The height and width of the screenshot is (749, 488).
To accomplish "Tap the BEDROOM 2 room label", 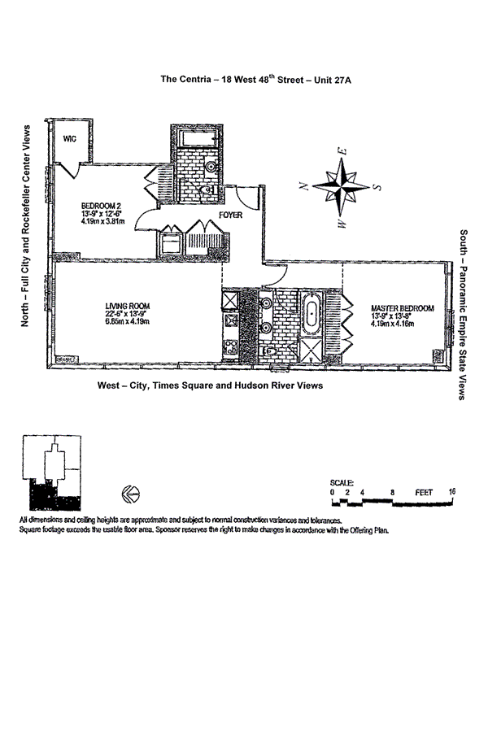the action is coord(100,205).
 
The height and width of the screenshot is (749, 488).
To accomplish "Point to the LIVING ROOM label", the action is coord(128,307).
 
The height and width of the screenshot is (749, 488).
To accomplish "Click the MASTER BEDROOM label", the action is coord(402,308).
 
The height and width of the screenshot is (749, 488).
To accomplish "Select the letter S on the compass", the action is coord(377,185).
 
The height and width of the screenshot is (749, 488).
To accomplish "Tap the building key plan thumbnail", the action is coord(53,471).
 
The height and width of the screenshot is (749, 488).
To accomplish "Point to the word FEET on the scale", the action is coord(423,492).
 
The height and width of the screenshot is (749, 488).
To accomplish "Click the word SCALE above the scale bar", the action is coord(342,482).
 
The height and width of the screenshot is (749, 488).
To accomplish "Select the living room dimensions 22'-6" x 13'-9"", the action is coord(128,315).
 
